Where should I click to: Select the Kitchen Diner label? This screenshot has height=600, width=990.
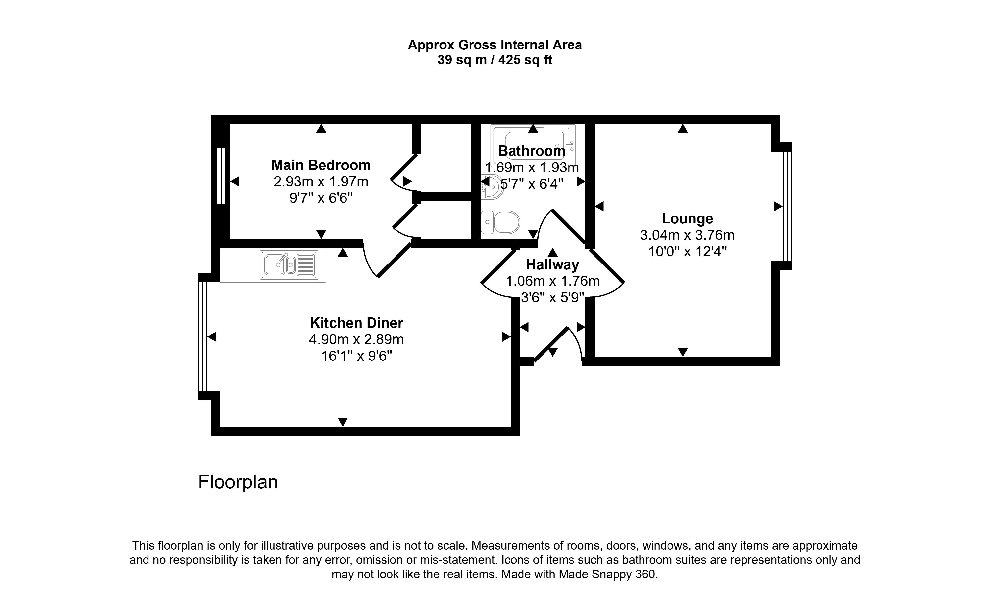pos(356,323)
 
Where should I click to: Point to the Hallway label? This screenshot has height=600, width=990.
pos(552,265)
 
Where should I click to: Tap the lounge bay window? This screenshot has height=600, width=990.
pos(787,206)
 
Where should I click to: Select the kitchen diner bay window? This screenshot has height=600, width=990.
pos(203,336)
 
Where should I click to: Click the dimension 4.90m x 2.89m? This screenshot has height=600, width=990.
pos(356,340)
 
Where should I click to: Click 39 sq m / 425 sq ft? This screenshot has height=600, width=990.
pos(495,60)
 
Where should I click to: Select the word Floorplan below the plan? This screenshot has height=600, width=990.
pos(238,482)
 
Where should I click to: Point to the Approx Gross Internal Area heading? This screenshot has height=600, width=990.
pos(495,45)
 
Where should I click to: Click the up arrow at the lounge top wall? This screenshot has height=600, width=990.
pos(683,128)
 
